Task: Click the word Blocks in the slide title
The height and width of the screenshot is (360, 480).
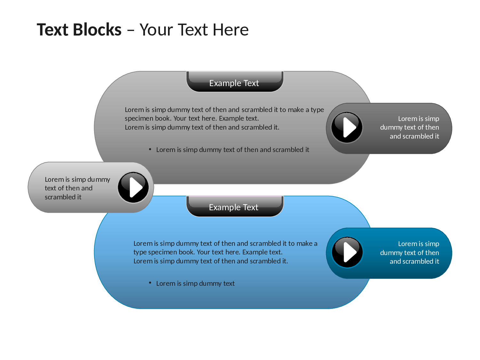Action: pos(97,29)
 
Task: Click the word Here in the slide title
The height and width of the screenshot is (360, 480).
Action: pos(231,30)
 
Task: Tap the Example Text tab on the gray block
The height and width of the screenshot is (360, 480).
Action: pos(235,81)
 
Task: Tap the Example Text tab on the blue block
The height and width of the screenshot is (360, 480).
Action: pos(235,206)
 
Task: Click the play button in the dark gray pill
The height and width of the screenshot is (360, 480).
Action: pos(347,127)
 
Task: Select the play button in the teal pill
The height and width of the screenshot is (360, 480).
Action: pos(347,252)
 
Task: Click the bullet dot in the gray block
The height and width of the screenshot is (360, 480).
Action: pos(150,149)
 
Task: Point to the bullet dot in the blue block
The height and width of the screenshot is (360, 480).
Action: pos(150,283)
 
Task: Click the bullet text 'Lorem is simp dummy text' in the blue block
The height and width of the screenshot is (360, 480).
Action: pos(195,284)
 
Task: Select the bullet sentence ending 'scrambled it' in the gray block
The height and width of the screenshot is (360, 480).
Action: pos(232,150)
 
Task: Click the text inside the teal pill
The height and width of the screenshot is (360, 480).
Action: pos(410,252)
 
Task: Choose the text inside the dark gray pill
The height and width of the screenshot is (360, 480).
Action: pos(410,127)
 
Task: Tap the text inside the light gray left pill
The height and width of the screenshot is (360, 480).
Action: pos(77,188)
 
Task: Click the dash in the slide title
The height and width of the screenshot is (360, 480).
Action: pos(131,30)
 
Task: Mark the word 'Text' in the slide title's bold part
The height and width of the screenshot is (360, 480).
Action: pos(52,29)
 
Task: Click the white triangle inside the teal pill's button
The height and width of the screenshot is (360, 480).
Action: pos(350,252)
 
